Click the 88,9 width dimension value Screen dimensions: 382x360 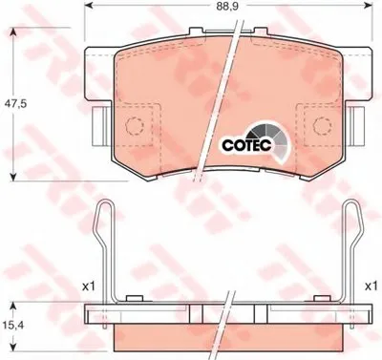click(x=229, y=7)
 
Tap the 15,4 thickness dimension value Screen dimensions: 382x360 click(x=12, y=326)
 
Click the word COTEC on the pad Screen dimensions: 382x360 click(x=246, y=145)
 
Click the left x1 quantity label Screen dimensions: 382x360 click(x=89, y=287)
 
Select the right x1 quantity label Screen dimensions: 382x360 click(x=371, y=287)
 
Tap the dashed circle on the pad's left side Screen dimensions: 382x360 click(x=135, y=125)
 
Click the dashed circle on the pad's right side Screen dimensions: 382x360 click(x=322, y=125)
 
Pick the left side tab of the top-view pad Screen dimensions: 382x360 click(x=101, y=126)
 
